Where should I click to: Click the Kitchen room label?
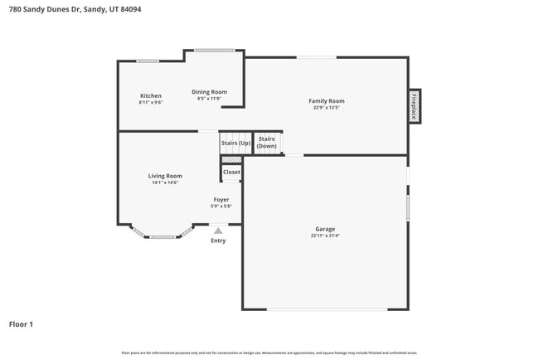(x=150, y=96)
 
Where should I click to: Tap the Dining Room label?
(x=209, y=92)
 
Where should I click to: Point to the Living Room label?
(x=165, y=176)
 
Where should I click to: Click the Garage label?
(x=325, y=229)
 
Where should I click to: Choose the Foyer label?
(x=221, y=200)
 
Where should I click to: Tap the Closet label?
(x=231, y=173)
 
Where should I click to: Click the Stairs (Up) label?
(x=236, y=143)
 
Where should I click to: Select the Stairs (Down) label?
(x=266, y=143)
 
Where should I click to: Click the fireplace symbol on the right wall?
(x=414, y=106)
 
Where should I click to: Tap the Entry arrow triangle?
(x=218, y=231)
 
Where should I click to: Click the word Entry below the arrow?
(x=218, y=241)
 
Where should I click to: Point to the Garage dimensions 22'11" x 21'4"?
(x=325, y=236)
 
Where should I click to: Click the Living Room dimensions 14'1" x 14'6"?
(x=165, y=182)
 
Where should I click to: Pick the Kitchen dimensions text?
(x=150, y=103)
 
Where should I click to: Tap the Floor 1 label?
(x=21, y=324)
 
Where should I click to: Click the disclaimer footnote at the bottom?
(x=269, y=353)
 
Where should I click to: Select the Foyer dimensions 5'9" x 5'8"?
(x=221, y=207)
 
